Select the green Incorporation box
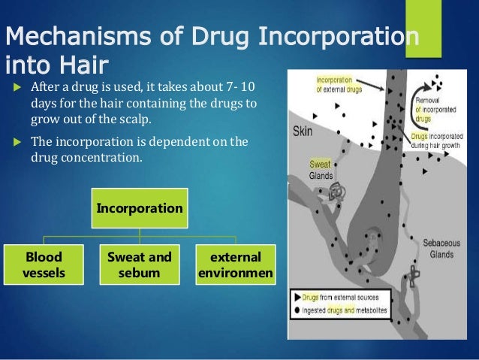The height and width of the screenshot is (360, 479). (x=139, y=207)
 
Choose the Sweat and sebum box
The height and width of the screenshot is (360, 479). (x=139, y=264)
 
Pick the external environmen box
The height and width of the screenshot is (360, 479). (x=235, y=264)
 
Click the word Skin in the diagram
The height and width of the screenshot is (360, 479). (x=303, y=132)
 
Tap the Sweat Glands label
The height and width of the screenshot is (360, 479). (x=321, y=169)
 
